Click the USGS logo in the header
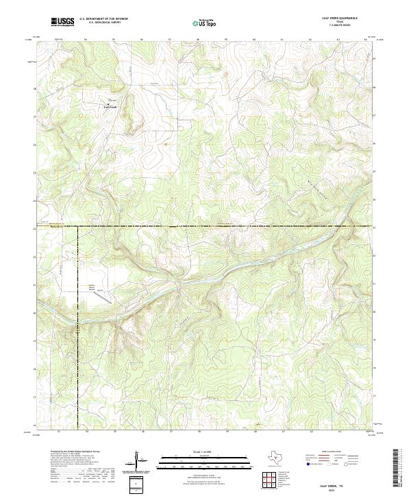[x=62, y=23]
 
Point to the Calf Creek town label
[x=110, y=107]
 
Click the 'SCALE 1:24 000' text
[x=196, y=452]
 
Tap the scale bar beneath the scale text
[x=196, y=460]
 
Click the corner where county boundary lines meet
[x=77, y=226]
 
